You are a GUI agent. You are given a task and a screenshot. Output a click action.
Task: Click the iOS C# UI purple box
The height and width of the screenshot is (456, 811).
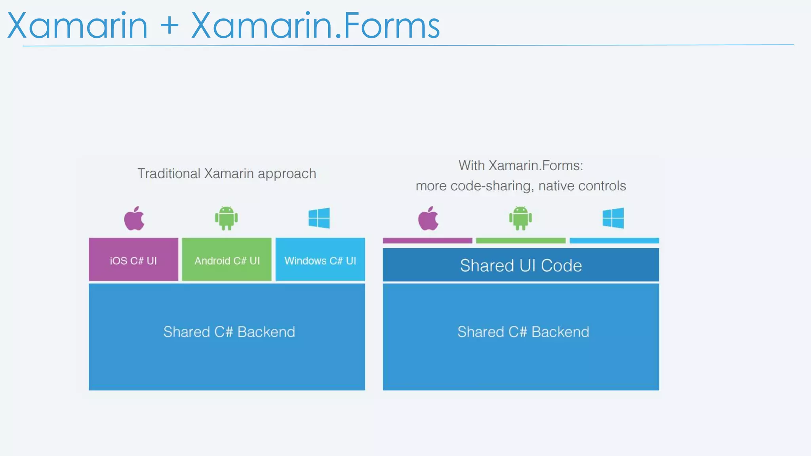pos(133,260)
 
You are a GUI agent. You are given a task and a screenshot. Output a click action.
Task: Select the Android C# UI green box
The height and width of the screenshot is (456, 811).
pos(227,260)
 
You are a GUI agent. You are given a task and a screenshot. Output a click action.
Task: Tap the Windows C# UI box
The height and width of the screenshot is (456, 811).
pos(320,260)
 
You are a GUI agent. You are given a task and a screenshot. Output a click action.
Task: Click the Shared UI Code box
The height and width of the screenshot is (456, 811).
pos(521,265)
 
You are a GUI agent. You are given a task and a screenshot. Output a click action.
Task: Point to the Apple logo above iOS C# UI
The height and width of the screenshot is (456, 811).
pos(134,218)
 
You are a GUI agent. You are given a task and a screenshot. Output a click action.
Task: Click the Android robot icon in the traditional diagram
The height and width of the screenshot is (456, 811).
pos(227,218)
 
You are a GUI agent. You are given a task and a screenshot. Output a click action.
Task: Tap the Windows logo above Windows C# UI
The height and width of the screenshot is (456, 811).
pos(319,218)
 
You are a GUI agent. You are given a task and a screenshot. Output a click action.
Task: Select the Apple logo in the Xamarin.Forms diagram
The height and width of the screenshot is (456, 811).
pos(428,218)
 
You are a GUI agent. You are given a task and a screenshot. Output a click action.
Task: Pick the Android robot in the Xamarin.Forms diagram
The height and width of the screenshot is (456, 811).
pos(520,218)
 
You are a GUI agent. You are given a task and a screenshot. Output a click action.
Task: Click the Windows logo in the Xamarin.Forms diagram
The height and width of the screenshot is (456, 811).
pos(613,218)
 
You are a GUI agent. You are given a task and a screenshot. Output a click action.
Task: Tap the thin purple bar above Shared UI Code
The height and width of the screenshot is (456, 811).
pos(427,241)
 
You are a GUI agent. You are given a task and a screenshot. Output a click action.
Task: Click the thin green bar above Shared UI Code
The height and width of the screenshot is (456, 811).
pos(521,241)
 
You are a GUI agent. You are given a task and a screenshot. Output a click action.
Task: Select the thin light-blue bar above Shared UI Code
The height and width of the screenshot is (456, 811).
pos(614,241)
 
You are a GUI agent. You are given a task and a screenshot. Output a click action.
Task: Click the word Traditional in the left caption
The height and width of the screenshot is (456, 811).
pos(169,174)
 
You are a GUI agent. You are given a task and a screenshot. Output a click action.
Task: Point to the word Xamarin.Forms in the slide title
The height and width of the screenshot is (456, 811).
pos(315,26)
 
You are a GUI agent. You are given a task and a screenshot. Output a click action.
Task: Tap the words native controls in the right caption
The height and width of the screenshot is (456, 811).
pos(582,186)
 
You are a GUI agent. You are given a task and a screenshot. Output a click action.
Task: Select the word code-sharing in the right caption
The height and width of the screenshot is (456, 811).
pos(491,186)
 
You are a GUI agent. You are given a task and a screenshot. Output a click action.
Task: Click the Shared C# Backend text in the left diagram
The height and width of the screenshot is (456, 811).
pos(229,332)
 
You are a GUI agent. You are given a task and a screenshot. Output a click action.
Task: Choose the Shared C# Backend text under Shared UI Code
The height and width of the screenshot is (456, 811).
pos(523,332)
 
